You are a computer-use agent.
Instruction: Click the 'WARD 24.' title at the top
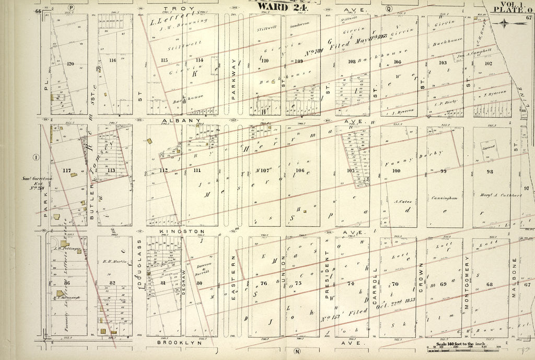275,6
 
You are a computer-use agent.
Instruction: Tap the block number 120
71,64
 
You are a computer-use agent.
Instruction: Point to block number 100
397,171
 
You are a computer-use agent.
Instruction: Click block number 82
112,283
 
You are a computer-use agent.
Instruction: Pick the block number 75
298,283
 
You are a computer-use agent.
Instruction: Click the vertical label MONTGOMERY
466,282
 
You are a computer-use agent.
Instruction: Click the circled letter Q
388,9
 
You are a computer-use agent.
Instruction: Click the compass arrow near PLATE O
504,23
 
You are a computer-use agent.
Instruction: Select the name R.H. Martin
115,261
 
